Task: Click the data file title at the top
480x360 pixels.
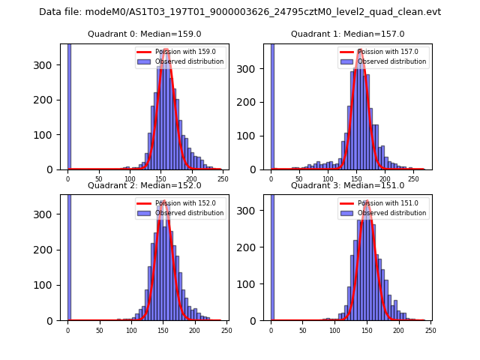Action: (x=240, y=12)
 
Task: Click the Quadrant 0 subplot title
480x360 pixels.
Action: (x=145, y=34)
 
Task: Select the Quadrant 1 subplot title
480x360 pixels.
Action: (x=348, y=34)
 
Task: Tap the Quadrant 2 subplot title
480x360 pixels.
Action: (x=145, y=185)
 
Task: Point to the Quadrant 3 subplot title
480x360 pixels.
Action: (x=348, y=185)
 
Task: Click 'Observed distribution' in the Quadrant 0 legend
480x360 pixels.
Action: (x=190, y=61)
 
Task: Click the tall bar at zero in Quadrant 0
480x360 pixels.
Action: (x=69, y=105)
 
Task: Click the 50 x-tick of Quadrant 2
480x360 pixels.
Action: (x=99, y=331)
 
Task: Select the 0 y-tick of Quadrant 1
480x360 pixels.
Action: (x=255, y=169)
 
